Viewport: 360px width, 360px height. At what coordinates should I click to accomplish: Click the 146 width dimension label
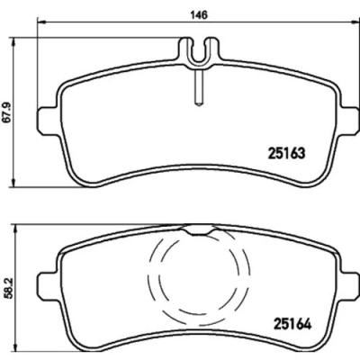[x=199, y=14]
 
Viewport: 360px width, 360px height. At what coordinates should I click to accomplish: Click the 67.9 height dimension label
[x=7, y=112]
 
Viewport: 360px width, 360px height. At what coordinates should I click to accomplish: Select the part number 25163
[x=286, y=153]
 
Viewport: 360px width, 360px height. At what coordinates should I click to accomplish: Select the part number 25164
[x=292, y=324]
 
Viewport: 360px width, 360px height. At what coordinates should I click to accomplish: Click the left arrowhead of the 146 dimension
[x=40, y=22]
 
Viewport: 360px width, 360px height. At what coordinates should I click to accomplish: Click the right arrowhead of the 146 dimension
[x=355, y=22]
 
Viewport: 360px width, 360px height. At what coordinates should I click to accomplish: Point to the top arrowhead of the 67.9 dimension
[x=13, y=41]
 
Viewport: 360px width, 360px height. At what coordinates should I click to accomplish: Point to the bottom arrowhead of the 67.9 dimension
[x=13, y=183]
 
